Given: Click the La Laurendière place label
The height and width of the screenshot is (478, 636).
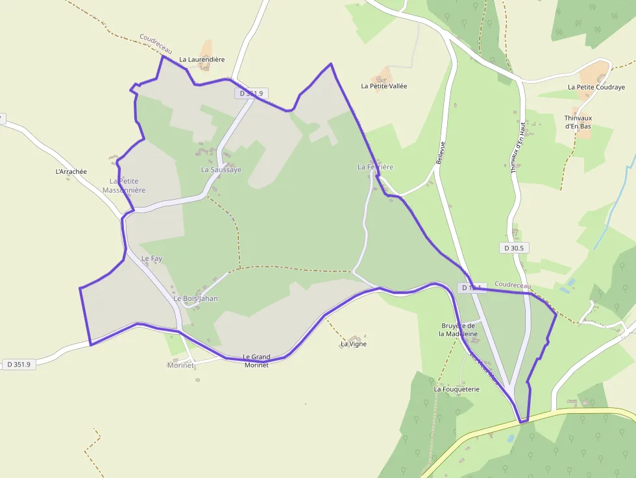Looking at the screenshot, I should [202, 60].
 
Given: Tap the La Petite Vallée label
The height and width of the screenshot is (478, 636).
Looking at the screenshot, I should [384, 86].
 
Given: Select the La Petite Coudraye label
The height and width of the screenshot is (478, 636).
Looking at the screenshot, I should [596, 87].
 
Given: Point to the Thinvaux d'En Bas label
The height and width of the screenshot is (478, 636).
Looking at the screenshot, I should [578, 122].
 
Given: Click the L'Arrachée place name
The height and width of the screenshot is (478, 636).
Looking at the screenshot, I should [71, 172].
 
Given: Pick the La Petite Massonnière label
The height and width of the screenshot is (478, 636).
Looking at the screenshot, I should [124, 185].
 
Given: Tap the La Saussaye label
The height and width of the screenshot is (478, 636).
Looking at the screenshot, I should [221, 169].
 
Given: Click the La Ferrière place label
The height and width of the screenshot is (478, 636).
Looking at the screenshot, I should [375, 167].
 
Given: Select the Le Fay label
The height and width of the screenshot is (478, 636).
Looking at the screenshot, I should [152, 259].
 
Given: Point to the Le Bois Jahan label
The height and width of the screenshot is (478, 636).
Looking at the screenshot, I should [196, 298].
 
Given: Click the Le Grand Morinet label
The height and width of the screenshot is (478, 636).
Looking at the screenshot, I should [256, 361].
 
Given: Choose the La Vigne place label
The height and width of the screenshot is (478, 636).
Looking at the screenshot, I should [354, 344].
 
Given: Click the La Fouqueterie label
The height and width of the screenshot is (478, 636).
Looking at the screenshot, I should [456, 389].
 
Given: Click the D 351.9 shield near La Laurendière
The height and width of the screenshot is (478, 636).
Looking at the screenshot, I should [252, 93].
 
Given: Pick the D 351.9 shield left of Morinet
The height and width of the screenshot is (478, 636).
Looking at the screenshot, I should [19, 364].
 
